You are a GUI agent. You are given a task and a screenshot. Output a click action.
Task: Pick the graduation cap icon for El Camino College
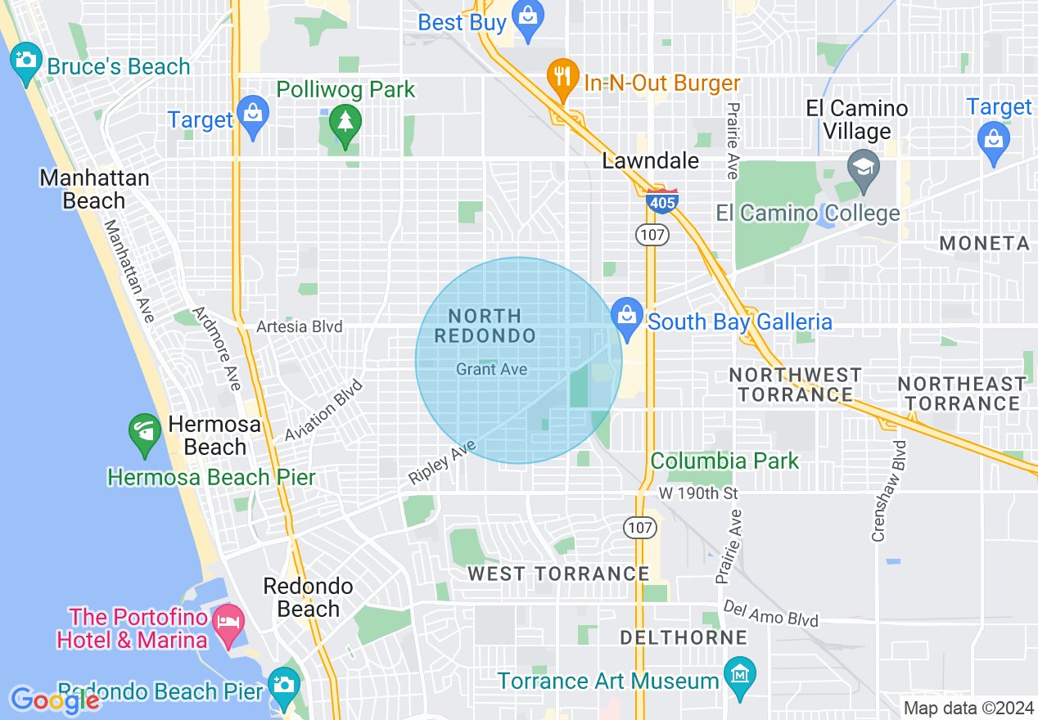[x=863, y=169]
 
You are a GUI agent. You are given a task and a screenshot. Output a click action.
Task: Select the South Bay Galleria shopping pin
[x=627, y=317]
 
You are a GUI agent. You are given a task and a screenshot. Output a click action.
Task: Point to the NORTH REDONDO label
[x=485, y=326]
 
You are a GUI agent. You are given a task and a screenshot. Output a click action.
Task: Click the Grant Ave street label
[x=491, y=370]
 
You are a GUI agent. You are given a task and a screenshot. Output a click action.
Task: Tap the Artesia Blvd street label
[x=300, y=327]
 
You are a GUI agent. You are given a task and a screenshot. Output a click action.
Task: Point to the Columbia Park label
[x=724, y=461]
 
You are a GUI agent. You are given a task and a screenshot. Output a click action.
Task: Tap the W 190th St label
[x=698, y=493]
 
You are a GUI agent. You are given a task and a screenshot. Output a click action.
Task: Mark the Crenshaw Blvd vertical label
[x=900, y=491]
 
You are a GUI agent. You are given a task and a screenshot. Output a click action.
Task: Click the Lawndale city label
[x=651, y=161]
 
